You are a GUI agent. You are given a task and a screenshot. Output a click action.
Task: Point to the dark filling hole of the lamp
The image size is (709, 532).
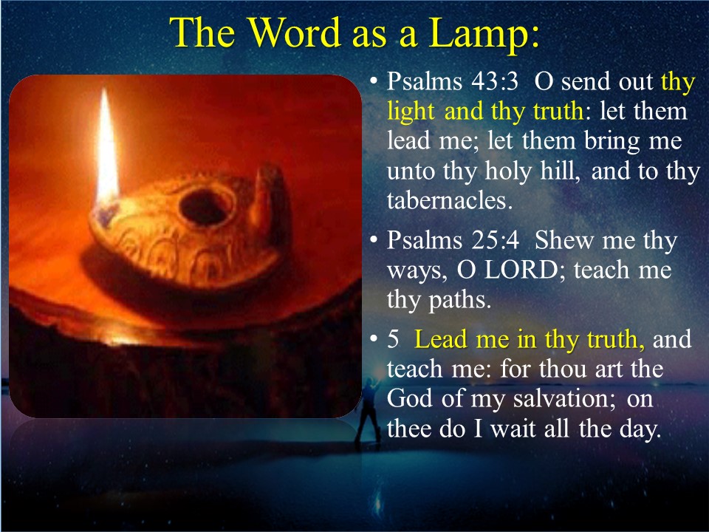click(205, 207)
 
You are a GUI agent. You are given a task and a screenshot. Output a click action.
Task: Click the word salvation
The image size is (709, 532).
click(564, 399)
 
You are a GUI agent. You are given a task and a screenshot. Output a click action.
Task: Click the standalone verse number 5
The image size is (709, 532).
click(393, 340)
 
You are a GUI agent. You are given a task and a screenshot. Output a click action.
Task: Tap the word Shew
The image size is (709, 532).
click(564, 240)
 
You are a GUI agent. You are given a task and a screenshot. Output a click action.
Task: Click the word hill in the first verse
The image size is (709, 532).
click(560, 171)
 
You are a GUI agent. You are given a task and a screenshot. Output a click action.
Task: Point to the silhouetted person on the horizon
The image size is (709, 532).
click(369, 412)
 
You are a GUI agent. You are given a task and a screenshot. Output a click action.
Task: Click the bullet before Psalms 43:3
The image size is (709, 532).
click(373, 82)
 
